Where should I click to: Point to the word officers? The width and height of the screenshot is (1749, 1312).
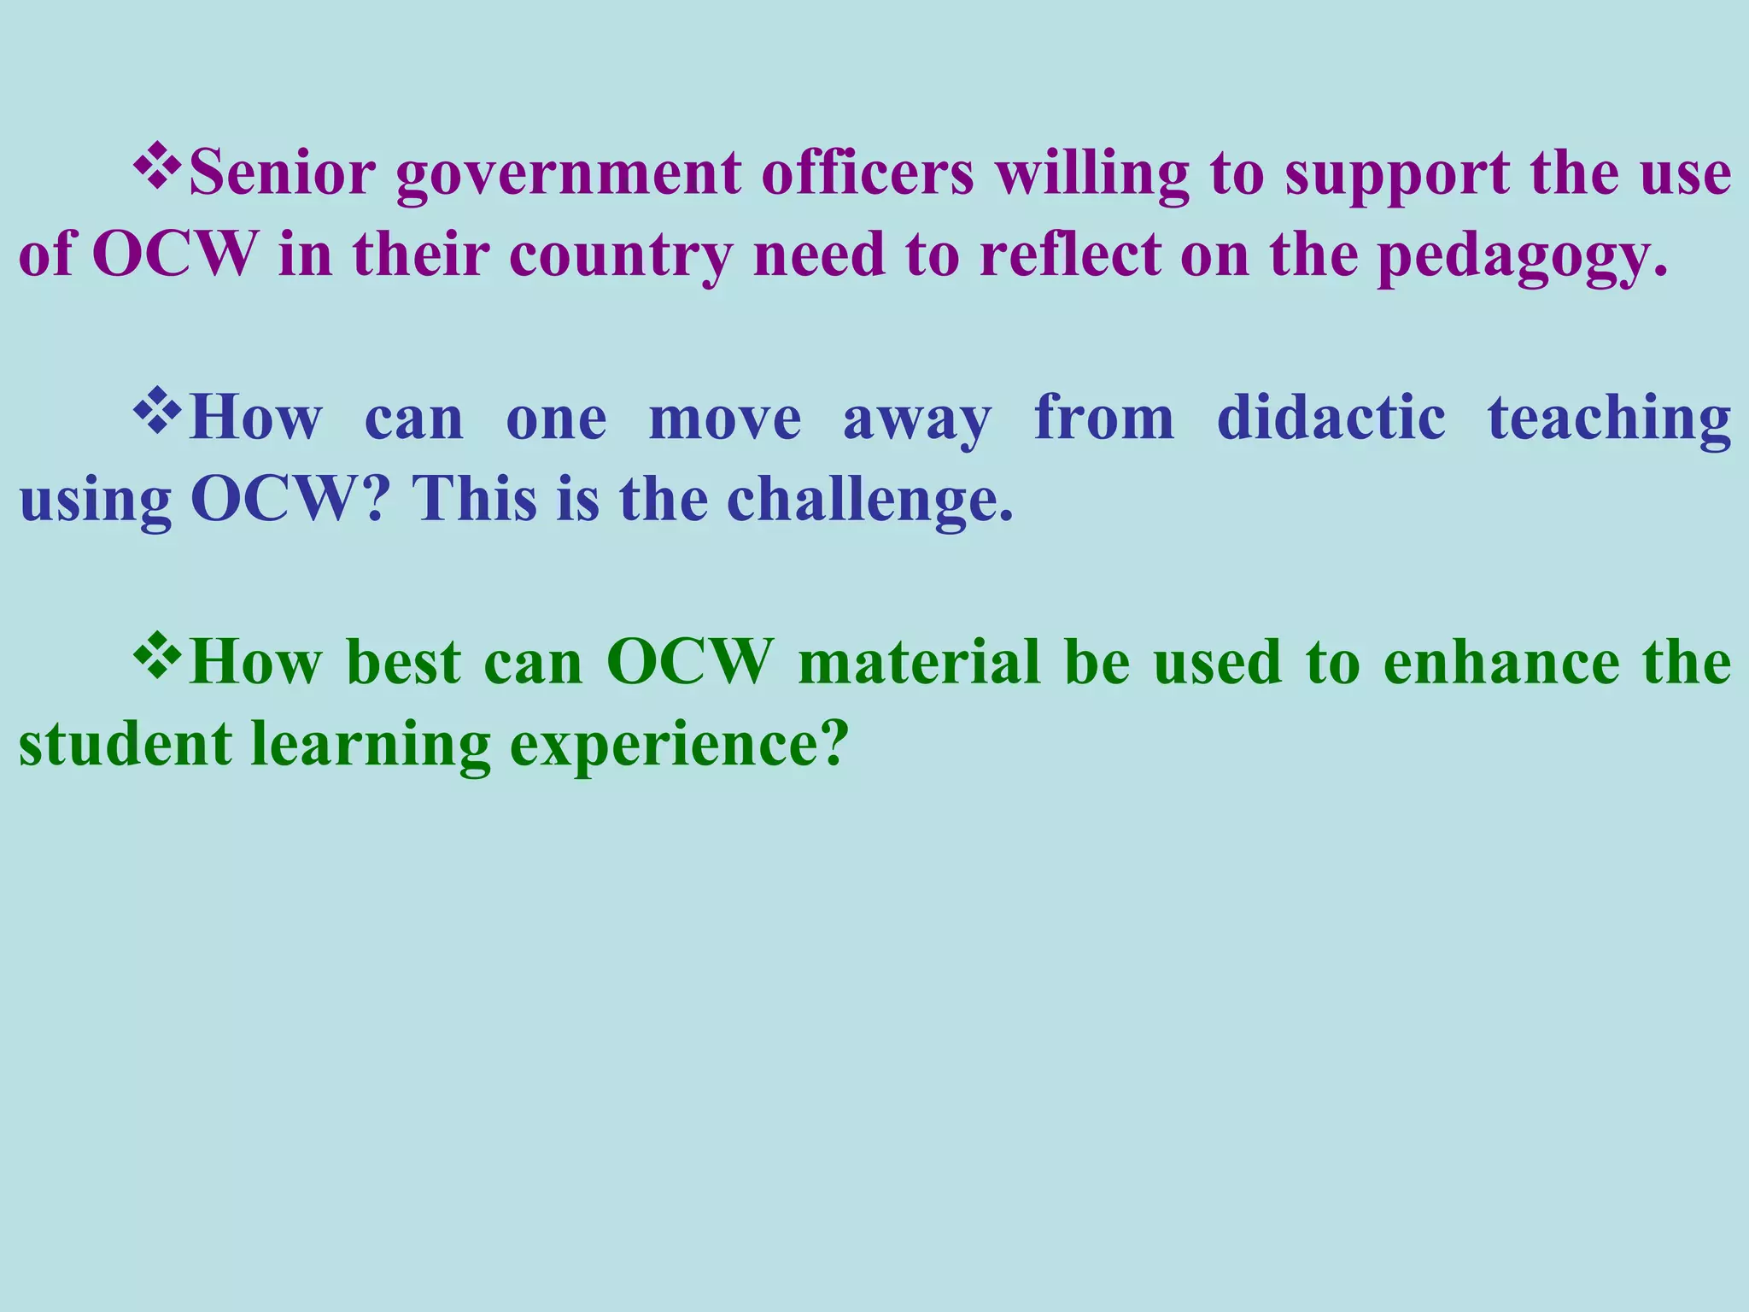(x=868, y=173)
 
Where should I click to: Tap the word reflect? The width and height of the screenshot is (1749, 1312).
(x=1071, y=255)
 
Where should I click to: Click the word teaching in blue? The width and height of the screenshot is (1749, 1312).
(x=1609, y=419)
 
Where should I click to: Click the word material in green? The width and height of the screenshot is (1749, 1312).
(x=919, y=663)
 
